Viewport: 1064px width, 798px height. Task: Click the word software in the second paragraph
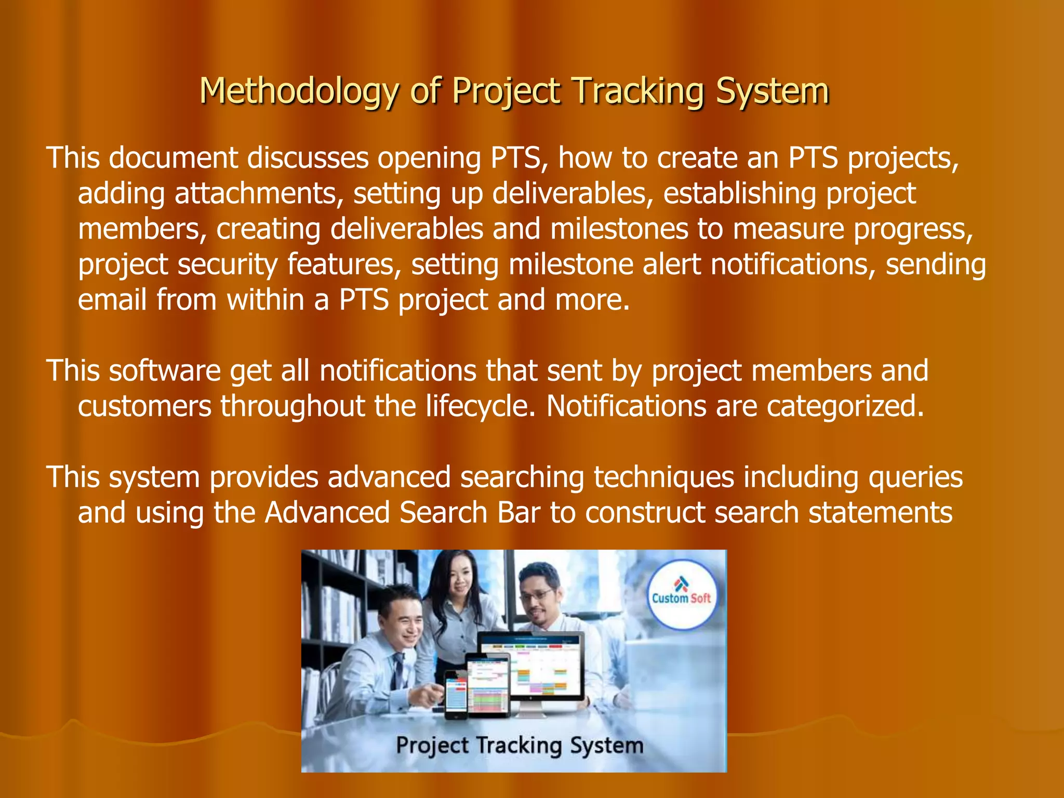165,371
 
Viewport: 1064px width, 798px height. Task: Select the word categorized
845,406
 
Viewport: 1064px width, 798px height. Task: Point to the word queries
915,477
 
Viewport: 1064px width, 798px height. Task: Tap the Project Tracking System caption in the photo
520,746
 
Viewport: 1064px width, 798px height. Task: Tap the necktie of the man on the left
398,670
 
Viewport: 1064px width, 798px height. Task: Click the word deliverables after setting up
571,193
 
